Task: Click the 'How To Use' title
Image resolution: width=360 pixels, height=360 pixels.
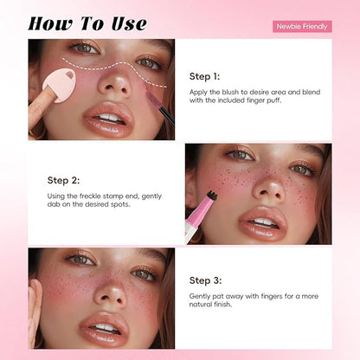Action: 87,22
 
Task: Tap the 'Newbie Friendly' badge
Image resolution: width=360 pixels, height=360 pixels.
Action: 302,26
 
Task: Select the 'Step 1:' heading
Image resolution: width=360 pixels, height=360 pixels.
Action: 205,76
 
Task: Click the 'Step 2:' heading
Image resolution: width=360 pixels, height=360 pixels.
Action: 63,181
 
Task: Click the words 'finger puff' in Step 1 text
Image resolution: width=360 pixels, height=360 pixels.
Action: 271,100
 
